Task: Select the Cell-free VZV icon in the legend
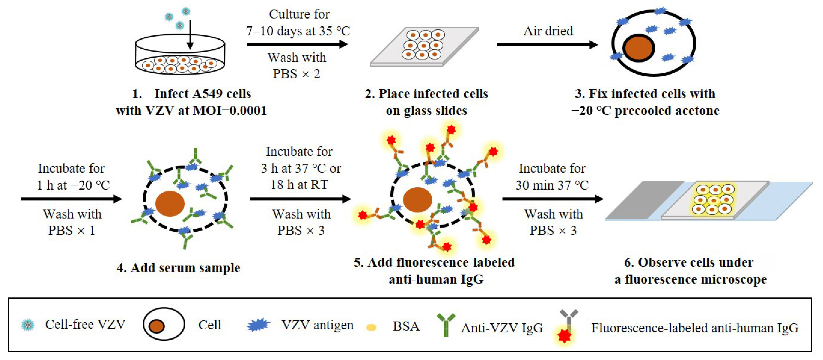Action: [28, 325]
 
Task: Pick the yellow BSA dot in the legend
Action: [371, 327]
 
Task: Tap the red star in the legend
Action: [564, 336]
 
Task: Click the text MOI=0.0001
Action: [230, 111]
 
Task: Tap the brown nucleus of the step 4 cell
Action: [170, 204]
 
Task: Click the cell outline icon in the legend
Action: [164, 324]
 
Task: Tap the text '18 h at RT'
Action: [299, 185]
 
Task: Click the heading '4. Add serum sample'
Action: [178, 268]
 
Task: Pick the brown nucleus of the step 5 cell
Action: [417, 200]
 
